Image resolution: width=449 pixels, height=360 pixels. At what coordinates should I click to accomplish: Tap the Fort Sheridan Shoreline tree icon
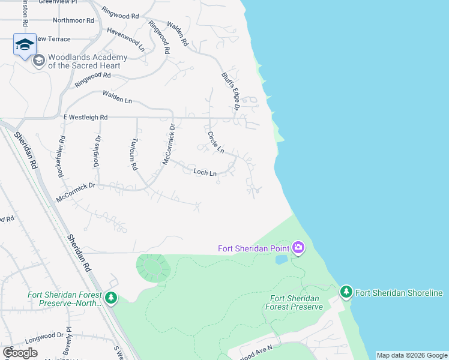[x=346, y=292]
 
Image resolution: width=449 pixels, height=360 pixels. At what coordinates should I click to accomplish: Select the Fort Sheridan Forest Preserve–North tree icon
[x=110, y=298]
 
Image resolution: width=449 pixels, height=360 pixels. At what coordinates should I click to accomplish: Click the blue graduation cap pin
[x=25, y=44]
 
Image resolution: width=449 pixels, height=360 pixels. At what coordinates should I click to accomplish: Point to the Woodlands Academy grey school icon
[x=39, y=61]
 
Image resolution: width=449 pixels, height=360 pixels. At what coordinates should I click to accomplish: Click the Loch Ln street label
[x=205, y=172]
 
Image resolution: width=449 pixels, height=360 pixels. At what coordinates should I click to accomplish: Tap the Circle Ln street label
[x=215, y=142]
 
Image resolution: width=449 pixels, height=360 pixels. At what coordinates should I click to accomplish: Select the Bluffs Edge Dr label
[x=231, y=92]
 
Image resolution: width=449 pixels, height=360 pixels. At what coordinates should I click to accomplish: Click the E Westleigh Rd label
[x=85, y=117]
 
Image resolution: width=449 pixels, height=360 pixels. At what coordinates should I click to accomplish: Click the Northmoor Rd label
[x=74, y=20]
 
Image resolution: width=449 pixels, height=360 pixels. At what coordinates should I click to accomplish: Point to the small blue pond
[x=281, y=260]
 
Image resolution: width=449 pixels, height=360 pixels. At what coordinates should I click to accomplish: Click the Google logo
[x=20, y=352]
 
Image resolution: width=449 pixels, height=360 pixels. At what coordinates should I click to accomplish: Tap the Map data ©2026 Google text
[x=411, y=355]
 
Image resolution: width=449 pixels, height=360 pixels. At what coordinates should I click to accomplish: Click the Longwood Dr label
[x=43, y=335]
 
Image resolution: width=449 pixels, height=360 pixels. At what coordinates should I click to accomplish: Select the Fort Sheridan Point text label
[x=254, y=248]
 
